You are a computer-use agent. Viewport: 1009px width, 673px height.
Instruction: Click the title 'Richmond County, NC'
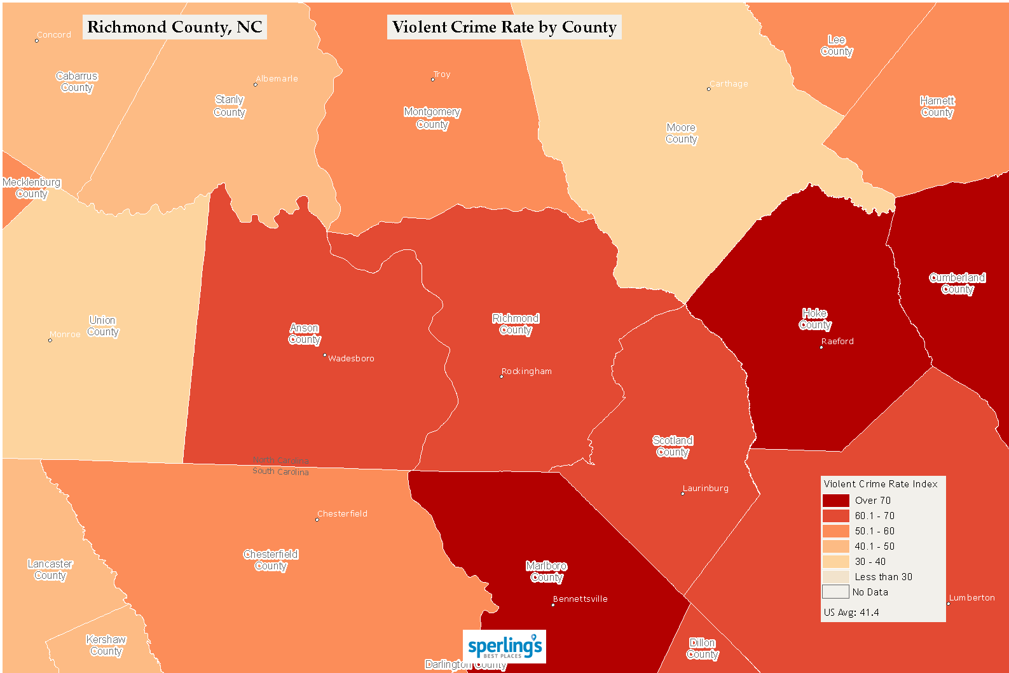[175, 27]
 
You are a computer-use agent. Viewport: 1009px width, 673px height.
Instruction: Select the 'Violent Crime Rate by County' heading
[504, 27]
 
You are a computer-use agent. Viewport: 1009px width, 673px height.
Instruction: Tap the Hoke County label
[815, 319]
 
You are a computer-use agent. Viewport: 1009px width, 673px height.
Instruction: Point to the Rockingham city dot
[502, 377]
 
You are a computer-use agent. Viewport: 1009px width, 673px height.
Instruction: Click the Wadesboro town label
[351, 359]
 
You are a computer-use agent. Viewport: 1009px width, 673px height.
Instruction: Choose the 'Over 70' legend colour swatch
[835, 501]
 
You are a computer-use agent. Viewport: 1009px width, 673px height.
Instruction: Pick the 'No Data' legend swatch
[835, 592]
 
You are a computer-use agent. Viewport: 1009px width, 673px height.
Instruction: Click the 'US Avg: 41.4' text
[851, 613]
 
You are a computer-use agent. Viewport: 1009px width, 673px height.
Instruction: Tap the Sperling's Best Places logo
[504, 647]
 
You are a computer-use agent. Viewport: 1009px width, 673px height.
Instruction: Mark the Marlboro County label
[547, 571]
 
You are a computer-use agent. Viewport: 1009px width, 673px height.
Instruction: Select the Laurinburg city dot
[683, 494]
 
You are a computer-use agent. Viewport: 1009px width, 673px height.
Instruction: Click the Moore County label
[682, 134]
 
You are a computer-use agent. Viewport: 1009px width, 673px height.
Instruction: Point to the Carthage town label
[729, 84]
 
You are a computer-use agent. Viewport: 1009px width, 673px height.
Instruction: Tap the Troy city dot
[433, 80]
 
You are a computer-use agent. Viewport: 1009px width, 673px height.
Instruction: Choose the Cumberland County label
[958, 283]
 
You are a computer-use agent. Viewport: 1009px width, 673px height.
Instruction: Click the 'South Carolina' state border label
[280, 471]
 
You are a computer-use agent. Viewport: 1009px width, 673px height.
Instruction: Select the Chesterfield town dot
[317, 520]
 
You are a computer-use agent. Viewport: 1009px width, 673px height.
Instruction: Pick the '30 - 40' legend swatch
[835, 562]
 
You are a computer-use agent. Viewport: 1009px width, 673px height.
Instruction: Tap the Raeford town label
[837, 342]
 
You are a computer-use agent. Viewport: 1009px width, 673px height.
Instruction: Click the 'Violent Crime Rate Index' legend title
[881, 484]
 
